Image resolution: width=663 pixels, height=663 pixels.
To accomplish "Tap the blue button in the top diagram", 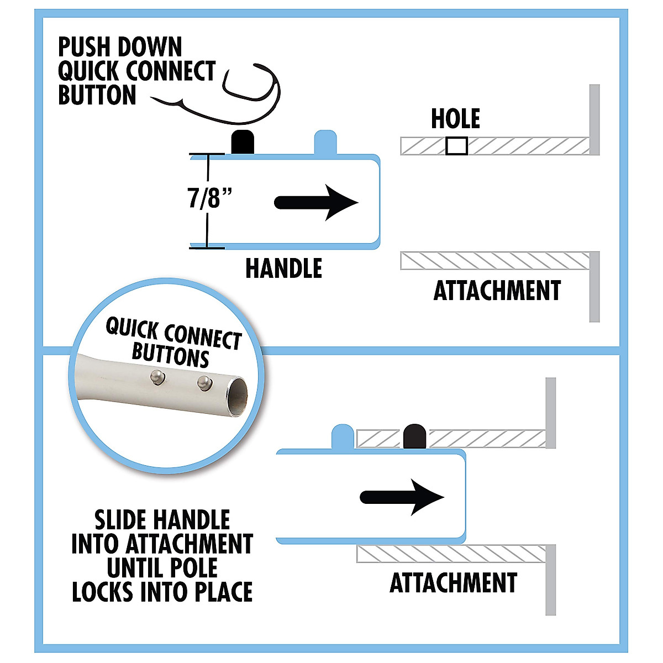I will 325,143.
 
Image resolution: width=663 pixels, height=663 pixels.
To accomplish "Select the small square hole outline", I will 456,146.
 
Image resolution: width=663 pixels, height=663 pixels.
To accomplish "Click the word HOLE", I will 455,119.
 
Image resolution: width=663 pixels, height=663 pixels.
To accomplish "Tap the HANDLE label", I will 283,269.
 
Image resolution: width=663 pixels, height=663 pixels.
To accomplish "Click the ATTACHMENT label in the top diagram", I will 497,291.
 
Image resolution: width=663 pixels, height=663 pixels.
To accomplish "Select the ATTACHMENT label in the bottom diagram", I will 453,583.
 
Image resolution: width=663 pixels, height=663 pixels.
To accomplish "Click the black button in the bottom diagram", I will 414,436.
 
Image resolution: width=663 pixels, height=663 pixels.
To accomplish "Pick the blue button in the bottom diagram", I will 342,436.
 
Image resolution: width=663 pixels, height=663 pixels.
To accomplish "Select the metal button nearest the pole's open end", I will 204,382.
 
